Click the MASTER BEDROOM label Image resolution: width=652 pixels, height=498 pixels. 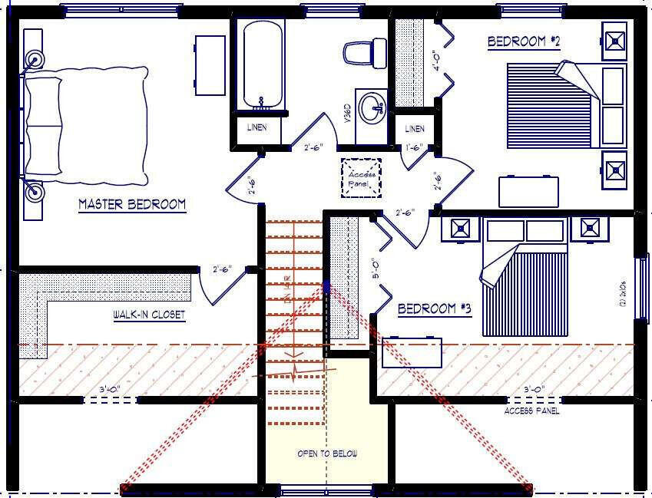[x=132, y=204]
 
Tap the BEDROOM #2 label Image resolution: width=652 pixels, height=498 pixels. [x=524, y=41]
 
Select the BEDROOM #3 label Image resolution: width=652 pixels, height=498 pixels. [x=434, y=308]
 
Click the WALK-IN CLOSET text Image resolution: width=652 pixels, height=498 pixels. [x=149, y=315]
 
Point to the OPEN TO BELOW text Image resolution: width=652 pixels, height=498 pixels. [x=327, y=453]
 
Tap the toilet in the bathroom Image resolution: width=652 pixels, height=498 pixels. [x=362, y=52]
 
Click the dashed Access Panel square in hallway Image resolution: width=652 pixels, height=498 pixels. [x=361, y=178]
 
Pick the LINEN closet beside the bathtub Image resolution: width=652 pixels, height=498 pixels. [x=257, y=127]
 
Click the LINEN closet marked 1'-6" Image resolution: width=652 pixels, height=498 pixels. [x=414, y=129]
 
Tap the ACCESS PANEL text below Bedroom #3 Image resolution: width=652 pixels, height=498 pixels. [x=531, y=411]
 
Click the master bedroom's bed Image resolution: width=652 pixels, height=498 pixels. [x=84, y=127]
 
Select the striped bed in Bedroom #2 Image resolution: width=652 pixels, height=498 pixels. [x=551, y=105]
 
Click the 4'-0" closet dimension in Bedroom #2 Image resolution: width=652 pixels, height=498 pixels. [x=436, y=60]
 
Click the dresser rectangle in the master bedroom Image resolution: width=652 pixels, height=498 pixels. [x=210, y=65]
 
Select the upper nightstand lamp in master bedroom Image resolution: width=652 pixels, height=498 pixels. [x=35, y=59]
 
